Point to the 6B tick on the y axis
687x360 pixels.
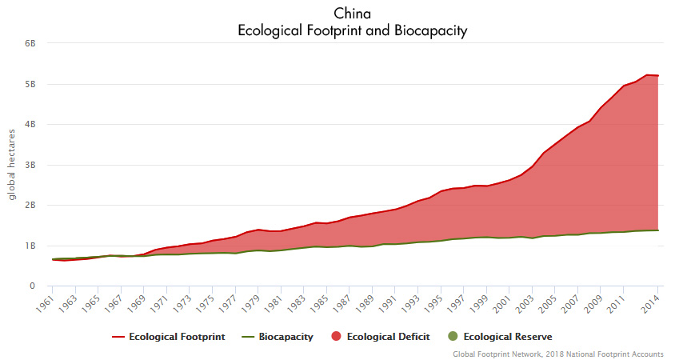(30, 44)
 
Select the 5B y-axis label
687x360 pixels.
(30, 84)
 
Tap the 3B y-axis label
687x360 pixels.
(30, 165)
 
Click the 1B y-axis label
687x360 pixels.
(30, 246)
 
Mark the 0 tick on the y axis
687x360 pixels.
(33, 286)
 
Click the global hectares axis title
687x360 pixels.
(13, 165)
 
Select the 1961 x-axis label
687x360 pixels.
(48, 304)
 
